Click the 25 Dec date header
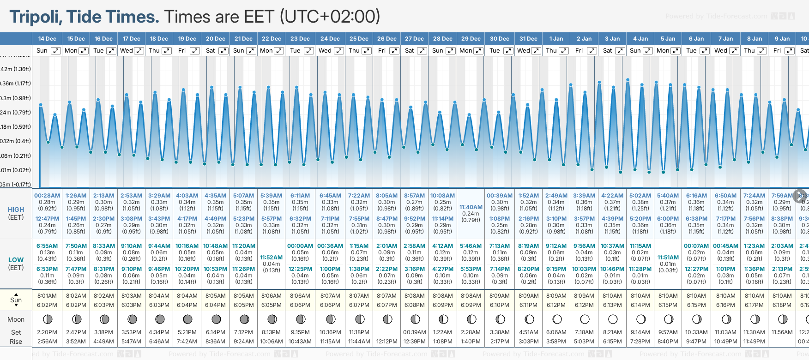click(359, 39)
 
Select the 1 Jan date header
click(556, 39)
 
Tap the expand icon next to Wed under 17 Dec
click(139, 51)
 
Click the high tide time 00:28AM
click(47, 196)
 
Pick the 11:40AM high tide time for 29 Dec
click(471, 207)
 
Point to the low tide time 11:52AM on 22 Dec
click(271, 258)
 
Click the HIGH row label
click(16, 210)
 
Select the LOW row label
click(16, 260)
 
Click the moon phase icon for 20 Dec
click(216, 319)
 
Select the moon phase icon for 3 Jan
click(613, 319)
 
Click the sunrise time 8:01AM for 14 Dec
click(47, 296)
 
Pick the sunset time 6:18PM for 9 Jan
click(782, 305)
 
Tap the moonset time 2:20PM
click(47, 332)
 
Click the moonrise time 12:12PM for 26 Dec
click(386, 342)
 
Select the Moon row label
click(16, 319)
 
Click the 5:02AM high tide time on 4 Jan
click(640, 196)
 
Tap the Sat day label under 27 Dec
click(409, 51)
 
